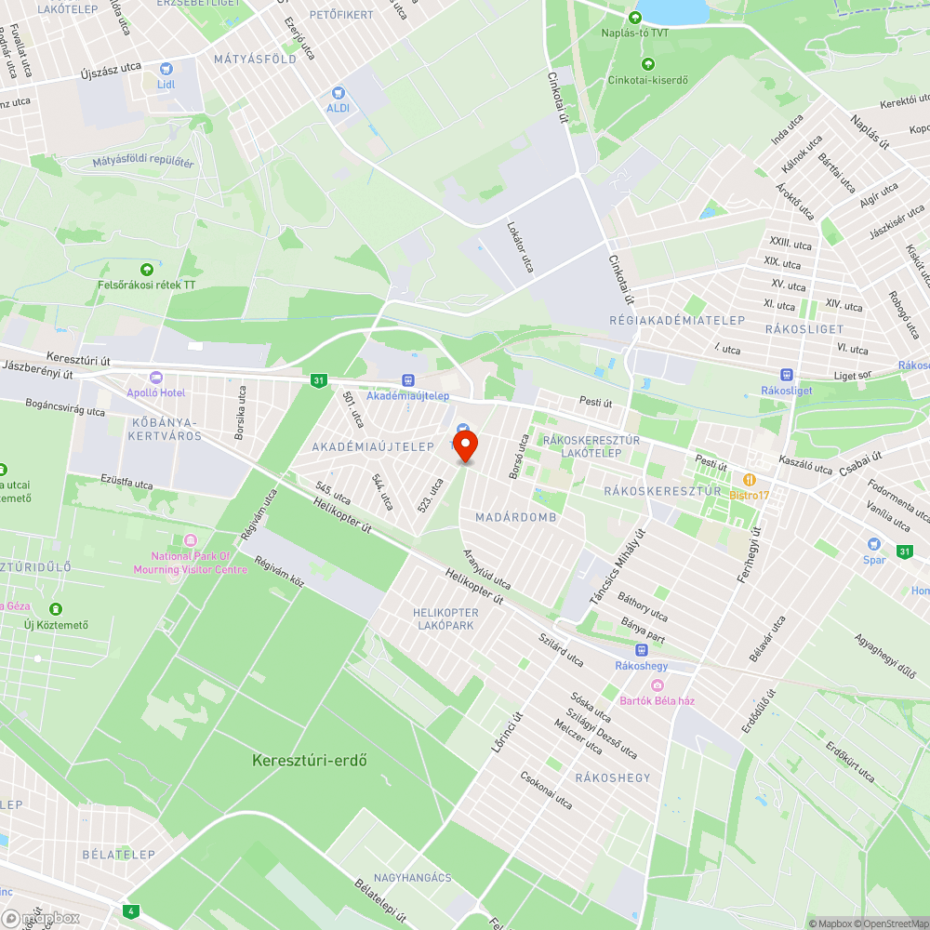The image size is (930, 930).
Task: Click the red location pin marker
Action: [465, 445]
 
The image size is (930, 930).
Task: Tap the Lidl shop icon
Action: [166, 68]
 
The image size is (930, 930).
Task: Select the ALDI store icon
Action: [338, 93]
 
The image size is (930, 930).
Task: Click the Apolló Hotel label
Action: [156, 392]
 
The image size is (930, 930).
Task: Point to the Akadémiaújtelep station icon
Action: [407, 379]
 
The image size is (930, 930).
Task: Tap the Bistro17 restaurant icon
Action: [749, 479]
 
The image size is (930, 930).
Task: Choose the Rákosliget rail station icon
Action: [787, 374]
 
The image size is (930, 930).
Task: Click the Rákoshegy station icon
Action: [641, 649]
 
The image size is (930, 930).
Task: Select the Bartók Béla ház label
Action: [659, 700]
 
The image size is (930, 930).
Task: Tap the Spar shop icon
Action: [873, 544]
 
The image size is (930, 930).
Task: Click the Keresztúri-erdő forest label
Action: [310, 760]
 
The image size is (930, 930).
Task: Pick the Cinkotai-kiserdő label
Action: [648, 80]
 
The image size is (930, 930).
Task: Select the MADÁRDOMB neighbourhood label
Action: [502, 517]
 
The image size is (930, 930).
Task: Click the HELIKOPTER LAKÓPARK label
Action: [445, 618]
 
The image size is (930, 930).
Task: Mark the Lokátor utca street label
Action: [520, 246]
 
